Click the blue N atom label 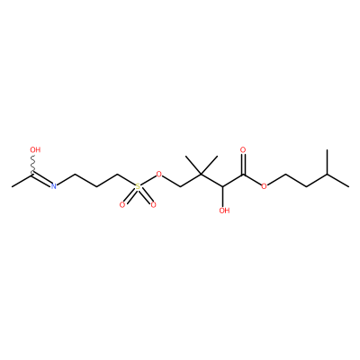tap(53, 186)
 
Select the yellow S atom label tap(138, 186)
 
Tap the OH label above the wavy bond tap(35, 149)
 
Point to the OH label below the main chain tap(224, 211)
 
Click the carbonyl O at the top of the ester tap(243, 149)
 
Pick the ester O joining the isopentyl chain tap(264, 186)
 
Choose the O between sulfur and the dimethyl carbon tap(159, 175)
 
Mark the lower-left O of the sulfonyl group tap(121, 205)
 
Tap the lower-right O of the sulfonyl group tap(154, 205)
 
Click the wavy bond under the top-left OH tap(33, 164)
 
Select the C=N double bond tap(42, 179)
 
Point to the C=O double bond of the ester tap(243, 165)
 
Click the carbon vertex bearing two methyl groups tap(201, 175)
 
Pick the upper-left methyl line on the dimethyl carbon tap(193, 165)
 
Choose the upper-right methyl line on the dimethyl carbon tap(209, 165)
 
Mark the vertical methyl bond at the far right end tap(328, 162)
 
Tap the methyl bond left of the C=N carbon tap(22, 180)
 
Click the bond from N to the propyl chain tap(66, 180)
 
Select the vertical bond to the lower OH tap(222, 196)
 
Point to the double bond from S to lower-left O tap(130, 196)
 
